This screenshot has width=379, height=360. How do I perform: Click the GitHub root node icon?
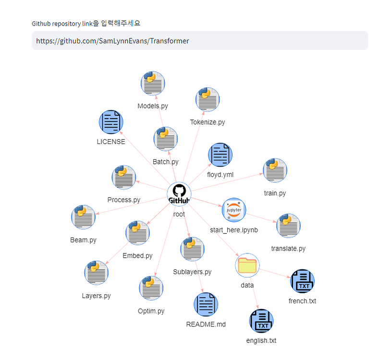[x=179, y=195]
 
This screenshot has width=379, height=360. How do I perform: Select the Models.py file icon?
[x=153, y=84]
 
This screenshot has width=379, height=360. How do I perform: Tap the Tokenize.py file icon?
[x=207, y=100]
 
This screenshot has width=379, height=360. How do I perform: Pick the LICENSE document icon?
[x=111, y=122]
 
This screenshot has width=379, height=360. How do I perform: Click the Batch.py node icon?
[x=165, y=139]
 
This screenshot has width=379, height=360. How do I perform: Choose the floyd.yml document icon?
[x=220, y=155]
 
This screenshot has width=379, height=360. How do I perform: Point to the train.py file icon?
[x=275, y=170]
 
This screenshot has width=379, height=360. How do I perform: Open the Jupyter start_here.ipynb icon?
[x=234, y=210]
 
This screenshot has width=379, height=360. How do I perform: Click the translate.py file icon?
[x=288, y=226]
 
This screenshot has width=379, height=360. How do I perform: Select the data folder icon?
[x=248, y=265]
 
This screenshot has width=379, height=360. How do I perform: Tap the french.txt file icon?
[x=302, y=281]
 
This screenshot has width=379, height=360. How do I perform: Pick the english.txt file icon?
[x=261, y=321]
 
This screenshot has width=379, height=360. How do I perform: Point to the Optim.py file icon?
[x=151, y=288]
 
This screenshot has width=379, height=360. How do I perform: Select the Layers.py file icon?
[x=96, y=273]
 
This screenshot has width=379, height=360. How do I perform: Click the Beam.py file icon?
[x=83, y=217]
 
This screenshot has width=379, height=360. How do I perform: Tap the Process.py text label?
[x=123, y=200]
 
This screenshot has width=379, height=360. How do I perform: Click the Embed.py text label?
[x=137, y=256]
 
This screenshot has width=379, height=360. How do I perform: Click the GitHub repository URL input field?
[x=199, y=41]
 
